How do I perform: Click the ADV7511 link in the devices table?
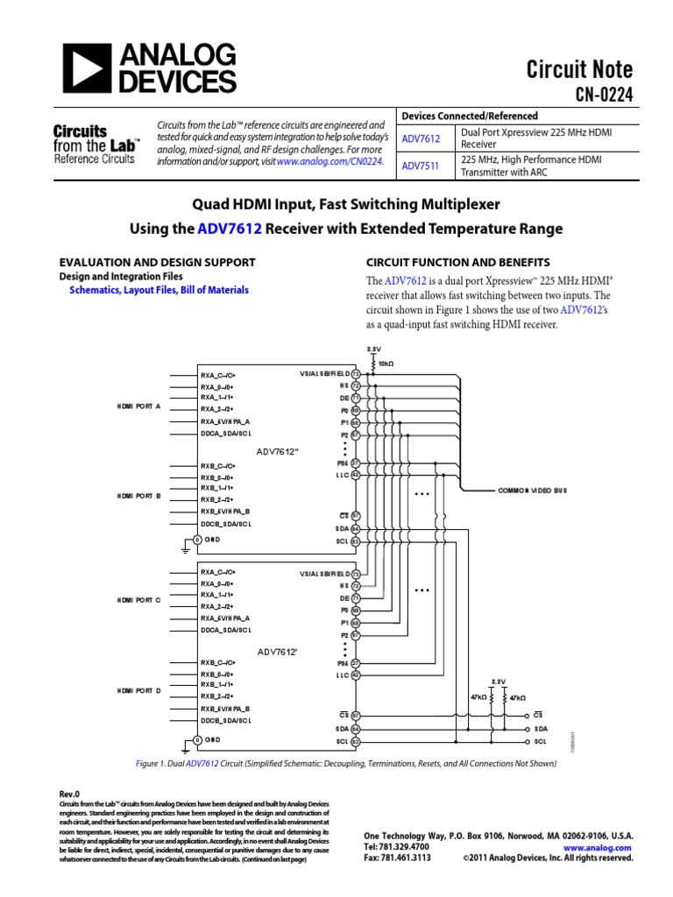[421, 165]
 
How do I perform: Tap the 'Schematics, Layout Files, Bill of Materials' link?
[159, 290]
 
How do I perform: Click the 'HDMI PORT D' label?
[138, 690]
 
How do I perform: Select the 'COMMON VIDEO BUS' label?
[533, 491]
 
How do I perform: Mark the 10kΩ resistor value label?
[385, 363]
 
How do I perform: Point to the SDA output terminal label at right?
[541, 728]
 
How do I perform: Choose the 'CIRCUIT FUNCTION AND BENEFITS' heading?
[457, 262]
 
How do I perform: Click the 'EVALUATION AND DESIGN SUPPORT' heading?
[157, 262]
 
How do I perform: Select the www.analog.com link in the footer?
[598, 848]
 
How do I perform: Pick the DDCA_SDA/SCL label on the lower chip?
[226, 629]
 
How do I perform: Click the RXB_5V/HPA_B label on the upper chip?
[225, 512]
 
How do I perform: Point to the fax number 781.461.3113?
[403, 858]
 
